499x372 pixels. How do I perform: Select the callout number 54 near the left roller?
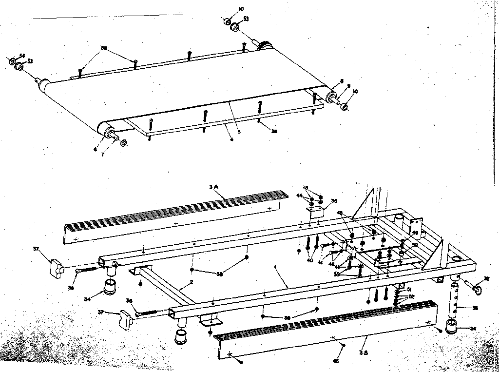(x=22, y=56)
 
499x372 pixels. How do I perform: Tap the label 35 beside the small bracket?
(x=334, y=201)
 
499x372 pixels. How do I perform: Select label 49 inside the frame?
(x=415, y=234)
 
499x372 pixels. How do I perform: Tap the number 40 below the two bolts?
(x=310, y=260)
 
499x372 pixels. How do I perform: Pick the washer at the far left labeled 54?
(x=12, y=61)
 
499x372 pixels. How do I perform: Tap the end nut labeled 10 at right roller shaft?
(x=344, y=107)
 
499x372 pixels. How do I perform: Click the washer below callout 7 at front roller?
(x=123, y=143)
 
